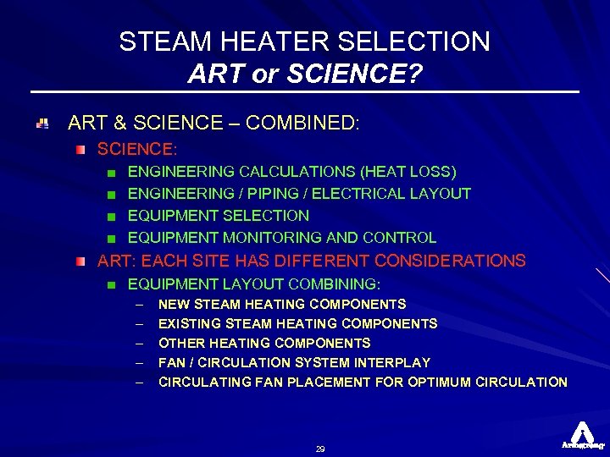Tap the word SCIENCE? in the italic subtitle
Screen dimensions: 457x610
tap(356, 74)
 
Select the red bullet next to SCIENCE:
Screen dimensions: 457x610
tap(80, 149)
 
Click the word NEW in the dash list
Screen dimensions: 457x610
tap(174, 304)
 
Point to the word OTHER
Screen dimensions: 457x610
tap(178, 343)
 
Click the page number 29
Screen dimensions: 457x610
tap(320, 449)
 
